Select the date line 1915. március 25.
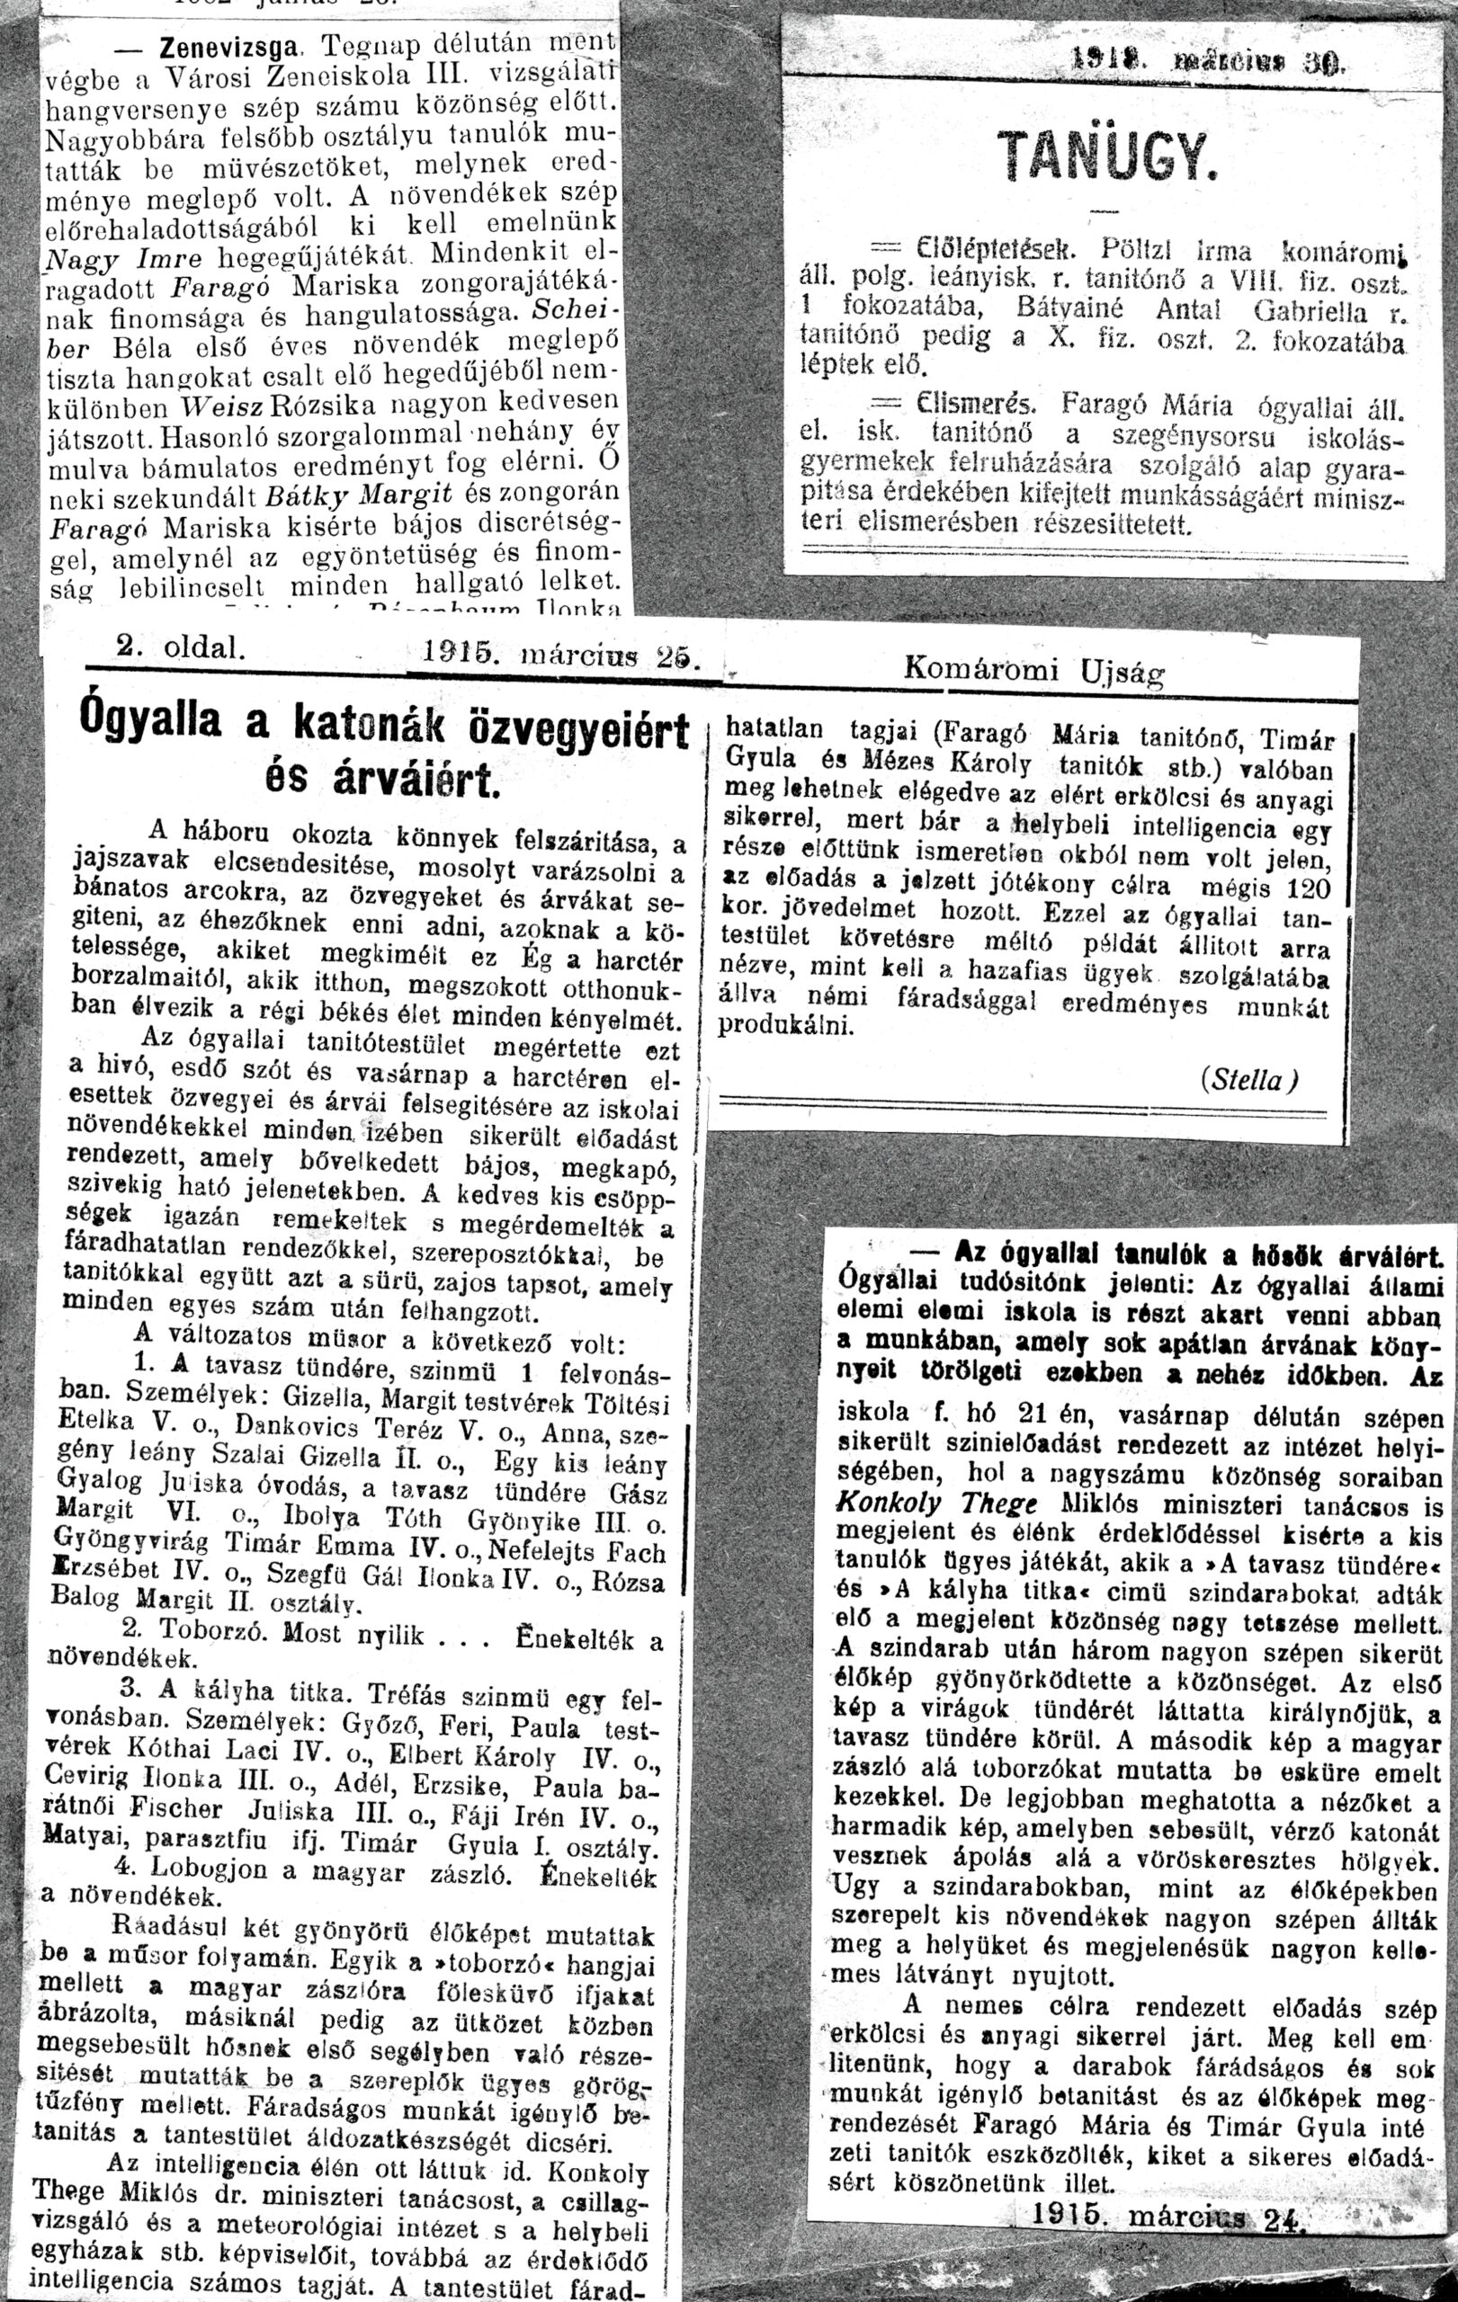tap(561, 656)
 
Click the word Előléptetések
tap(997, 252)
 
